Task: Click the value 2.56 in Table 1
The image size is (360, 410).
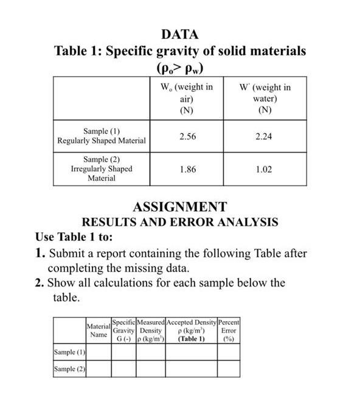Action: (188, 136)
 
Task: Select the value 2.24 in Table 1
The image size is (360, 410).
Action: (264, 136)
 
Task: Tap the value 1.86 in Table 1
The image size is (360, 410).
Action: (188, 169)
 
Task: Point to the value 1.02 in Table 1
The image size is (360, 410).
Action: (264, 169)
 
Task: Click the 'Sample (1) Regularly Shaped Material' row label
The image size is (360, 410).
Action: (102, 136)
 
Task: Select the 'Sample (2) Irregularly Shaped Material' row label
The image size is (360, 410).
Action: (102, 169)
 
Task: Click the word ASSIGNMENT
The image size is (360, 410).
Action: (179, 207)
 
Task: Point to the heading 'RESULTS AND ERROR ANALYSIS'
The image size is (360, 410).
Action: (180, 222)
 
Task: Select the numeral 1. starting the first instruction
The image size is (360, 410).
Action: (40, 253)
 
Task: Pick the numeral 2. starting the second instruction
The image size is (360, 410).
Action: (40, 282)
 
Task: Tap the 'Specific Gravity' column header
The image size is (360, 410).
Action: (123, 330)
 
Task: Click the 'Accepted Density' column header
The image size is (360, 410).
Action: (191, 330)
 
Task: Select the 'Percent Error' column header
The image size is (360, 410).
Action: (229, 330)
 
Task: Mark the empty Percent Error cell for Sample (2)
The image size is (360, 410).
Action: (229, 369)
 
